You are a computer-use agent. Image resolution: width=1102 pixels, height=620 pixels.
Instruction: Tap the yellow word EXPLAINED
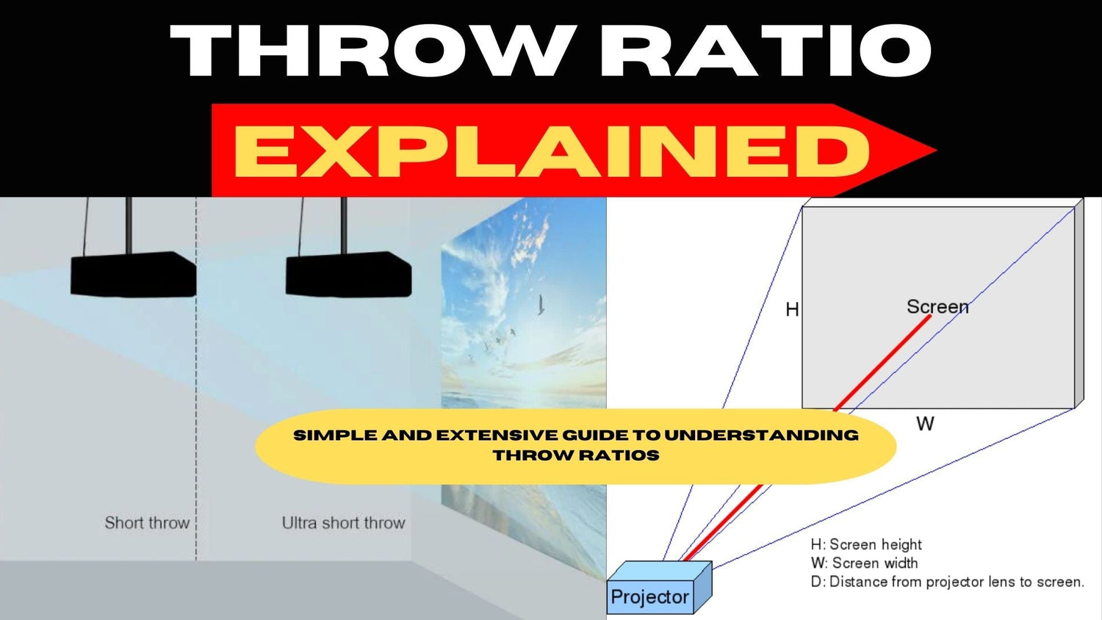tap(551, 151)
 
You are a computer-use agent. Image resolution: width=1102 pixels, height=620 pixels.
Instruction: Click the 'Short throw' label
tap(147, 523)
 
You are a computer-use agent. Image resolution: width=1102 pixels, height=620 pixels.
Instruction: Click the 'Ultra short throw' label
tap(343, 523)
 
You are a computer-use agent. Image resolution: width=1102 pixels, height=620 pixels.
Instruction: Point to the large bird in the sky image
tap(541, 304)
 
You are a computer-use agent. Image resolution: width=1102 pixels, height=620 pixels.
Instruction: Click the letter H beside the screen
tap(792, 309)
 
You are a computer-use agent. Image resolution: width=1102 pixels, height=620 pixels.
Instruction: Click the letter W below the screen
tap(925, 424)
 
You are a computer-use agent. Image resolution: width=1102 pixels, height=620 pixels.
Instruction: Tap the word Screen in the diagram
tap(937, 306)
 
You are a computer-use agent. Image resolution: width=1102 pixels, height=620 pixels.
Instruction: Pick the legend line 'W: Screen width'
tap(864, 563)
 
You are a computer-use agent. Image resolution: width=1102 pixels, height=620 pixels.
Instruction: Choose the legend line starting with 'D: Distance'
tap(947, 582)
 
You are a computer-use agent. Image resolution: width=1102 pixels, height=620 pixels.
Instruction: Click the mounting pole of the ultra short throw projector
tap(343, 224)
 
